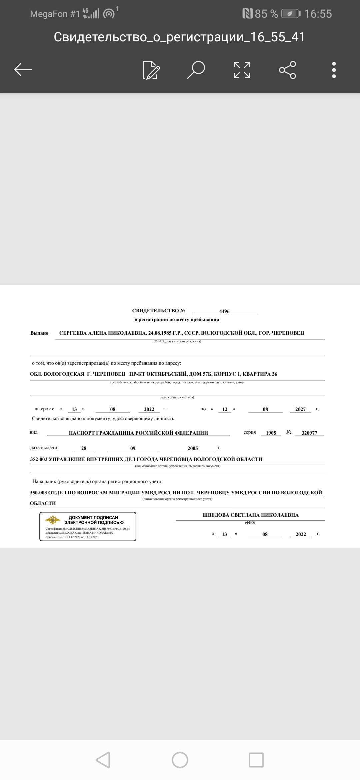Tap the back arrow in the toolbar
click(x=23, y=70)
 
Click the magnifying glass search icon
click(x=196, y=70)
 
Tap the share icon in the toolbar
click(x=287, y=70)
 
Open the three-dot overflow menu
click(x=334, y=70)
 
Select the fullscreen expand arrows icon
click(x=242, y=70)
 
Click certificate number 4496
click(x=224, y=311)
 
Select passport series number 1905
click(x=271, y=433)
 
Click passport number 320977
click(x=309, y=433)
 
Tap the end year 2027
click(x=300, y=409)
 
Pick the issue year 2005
click(x=193, y=448)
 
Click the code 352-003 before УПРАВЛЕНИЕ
click(x=39, y=459)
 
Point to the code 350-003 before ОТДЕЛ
click(x=38, y=493)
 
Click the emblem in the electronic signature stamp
click(x=53, y=520)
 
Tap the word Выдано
click(x=39, y=333)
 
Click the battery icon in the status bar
click(x=291, y=14)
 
